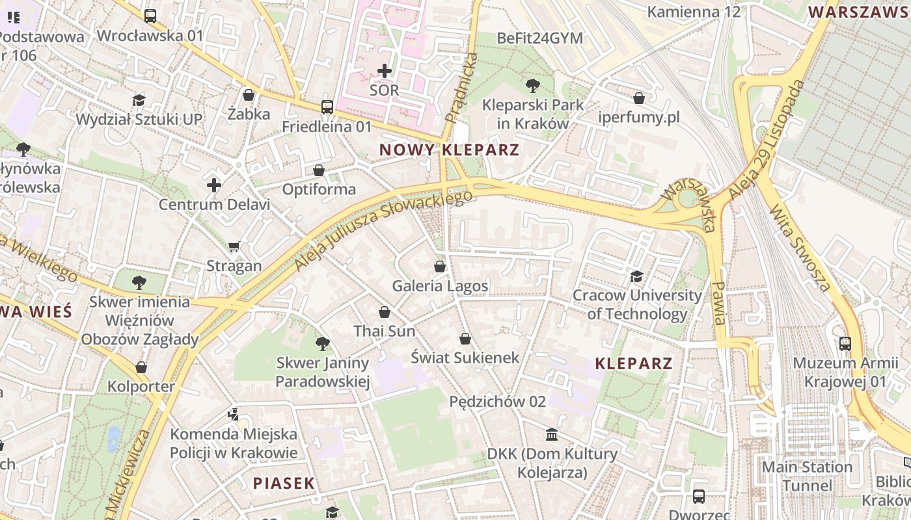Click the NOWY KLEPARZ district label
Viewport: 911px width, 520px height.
(x=449, y=150)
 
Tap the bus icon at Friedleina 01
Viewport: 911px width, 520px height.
(x=327, y=107)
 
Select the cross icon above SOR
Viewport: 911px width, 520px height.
(x=385, y=70)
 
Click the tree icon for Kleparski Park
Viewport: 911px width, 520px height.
(x=532, y=84)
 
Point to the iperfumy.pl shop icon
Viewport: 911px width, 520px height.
(x=639, y=98)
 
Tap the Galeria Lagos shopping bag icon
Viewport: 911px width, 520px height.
(x=440, y=266)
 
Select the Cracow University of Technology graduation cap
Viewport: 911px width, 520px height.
(x=636, y=276)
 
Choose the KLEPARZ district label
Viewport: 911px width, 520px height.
(x=634, y=363)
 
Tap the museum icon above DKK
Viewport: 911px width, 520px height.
(x=552, y=434)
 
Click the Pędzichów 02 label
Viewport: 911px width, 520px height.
(x=497, y=402)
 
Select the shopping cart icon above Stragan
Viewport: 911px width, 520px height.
(x=234, y=246)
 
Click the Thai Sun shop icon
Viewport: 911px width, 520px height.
(x=385, y=312)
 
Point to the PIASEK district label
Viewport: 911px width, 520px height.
(x=284, y=483)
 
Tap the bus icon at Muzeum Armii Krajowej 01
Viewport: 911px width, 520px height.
(x=845, y=343)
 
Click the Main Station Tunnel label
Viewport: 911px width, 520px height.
(x=807, y=476)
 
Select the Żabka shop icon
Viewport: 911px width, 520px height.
(x=248, y=95)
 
